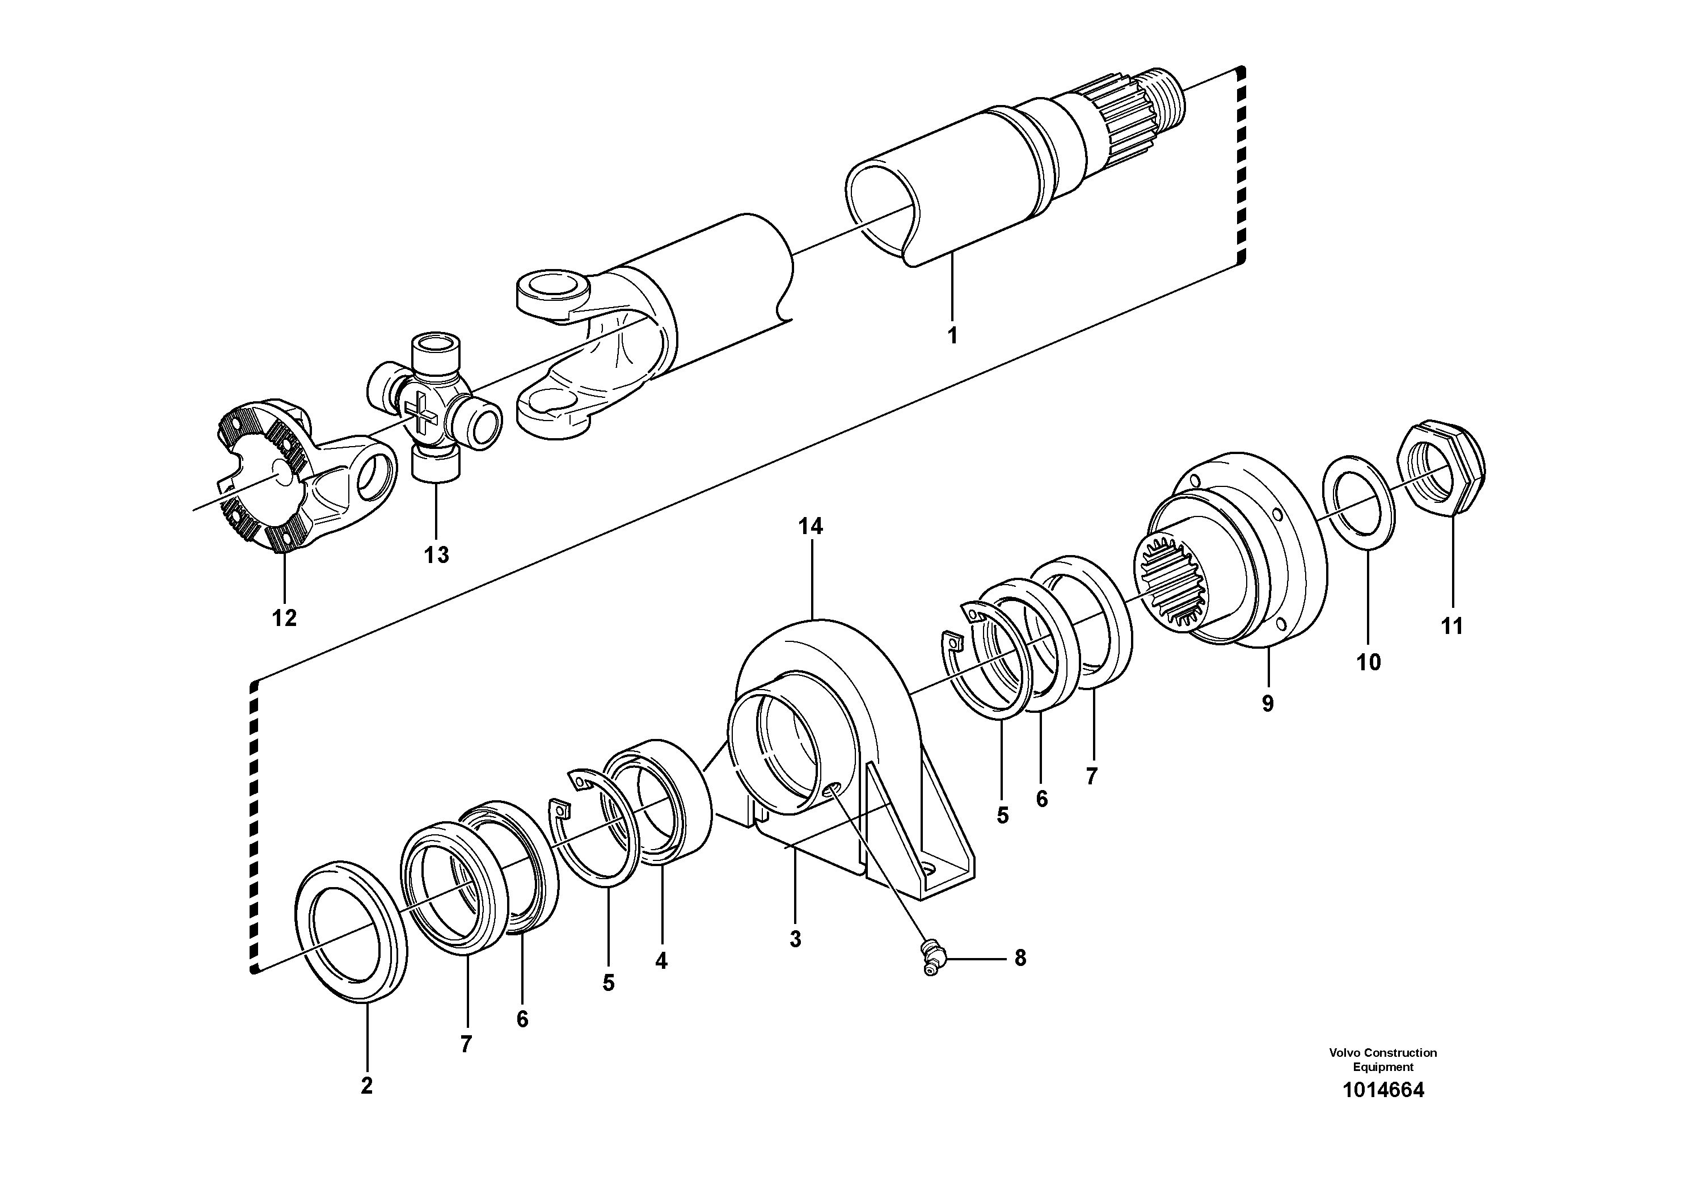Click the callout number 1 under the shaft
[x=952, y=336]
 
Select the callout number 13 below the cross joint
[x=436, y=555]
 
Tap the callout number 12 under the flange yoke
[x=285, y=618]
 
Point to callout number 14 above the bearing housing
[x=811, y=526]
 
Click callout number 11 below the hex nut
[x=1452, y=626]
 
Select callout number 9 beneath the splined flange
[x=1268, y=704]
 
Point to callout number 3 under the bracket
[x=795, y=939]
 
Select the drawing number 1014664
[x=1383, y=1090]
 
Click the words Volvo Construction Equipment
[x=1383, y=1059]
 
